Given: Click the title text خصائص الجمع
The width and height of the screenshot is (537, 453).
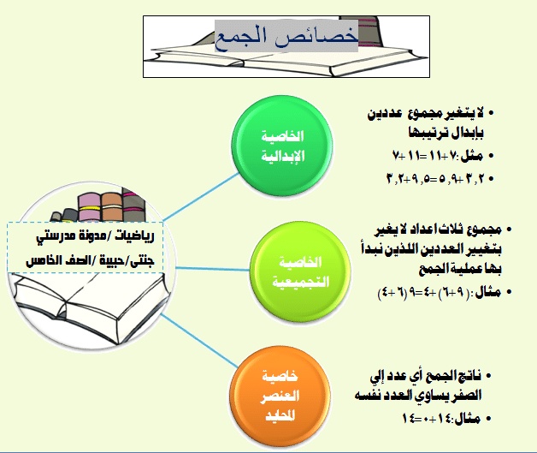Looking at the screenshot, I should coord(285,38).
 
